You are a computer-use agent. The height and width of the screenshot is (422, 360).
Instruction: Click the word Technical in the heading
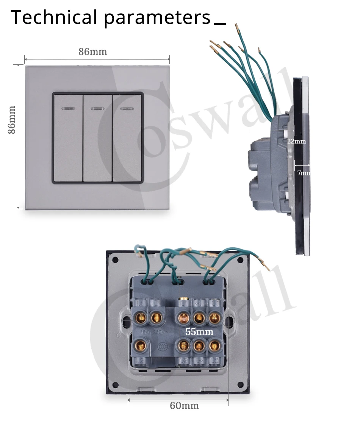pos(54,18)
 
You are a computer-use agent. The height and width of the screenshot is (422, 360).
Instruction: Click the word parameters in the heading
pos(157,18)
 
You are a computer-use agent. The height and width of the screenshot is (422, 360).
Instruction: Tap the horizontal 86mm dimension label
pos(93,52)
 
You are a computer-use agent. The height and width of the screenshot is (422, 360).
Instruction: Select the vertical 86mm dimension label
pos(12,119)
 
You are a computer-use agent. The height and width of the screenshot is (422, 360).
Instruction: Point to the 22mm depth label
pos(296,141)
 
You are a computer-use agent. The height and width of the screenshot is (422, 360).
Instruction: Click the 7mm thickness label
pos(304,173)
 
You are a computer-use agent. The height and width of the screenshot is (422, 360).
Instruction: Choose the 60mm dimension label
pos(184,405)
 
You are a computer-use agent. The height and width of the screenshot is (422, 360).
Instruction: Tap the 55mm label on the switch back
pos(199,332)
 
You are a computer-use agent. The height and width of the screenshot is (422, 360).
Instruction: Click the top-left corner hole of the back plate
pos(116,260)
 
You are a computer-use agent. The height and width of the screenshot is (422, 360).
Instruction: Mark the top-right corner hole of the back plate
pos(240,260)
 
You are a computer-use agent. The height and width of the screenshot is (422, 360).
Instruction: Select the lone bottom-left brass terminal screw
pos(140,345)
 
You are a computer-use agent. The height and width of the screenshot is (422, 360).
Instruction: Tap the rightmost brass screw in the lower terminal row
pos(214,345)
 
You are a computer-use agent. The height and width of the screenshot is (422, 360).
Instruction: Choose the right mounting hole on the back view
pos(229,322)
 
